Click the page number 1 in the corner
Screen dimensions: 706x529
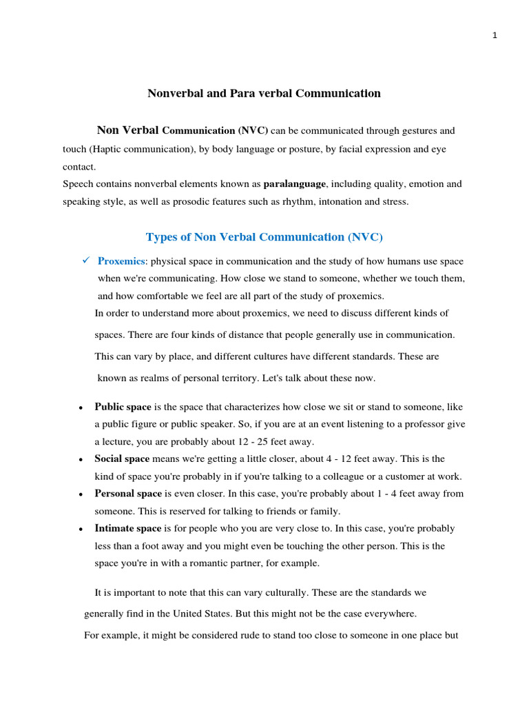[x=495, y=37]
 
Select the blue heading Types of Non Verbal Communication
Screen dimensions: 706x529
[x=264, y=237]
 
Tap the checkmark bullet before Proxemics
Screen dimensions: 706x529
[x=86, y=261]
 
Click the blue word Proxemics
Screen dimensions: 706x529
[x=121, y=261]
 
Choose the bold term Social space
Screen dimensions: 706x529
[x=122, y=458]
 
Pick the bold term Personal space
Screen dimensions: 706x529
[x=128, y=494]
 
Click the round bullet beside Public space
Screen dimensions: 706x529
[x=81, y=407]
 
